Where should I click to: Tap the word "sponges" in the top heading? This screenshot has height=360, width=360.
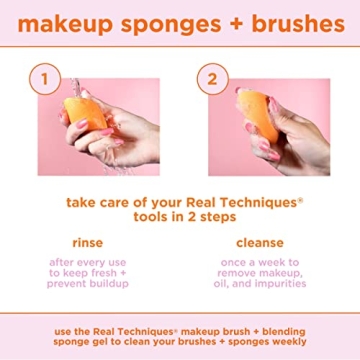pos(160,22)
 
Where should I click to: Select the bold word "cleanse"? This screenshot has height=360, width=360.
pos(260,243)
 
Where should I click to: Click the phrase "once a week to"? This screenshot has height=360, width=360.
pos(260,263)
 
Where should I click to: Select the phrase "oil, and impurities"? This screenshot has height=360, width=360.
pos(260,284)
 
